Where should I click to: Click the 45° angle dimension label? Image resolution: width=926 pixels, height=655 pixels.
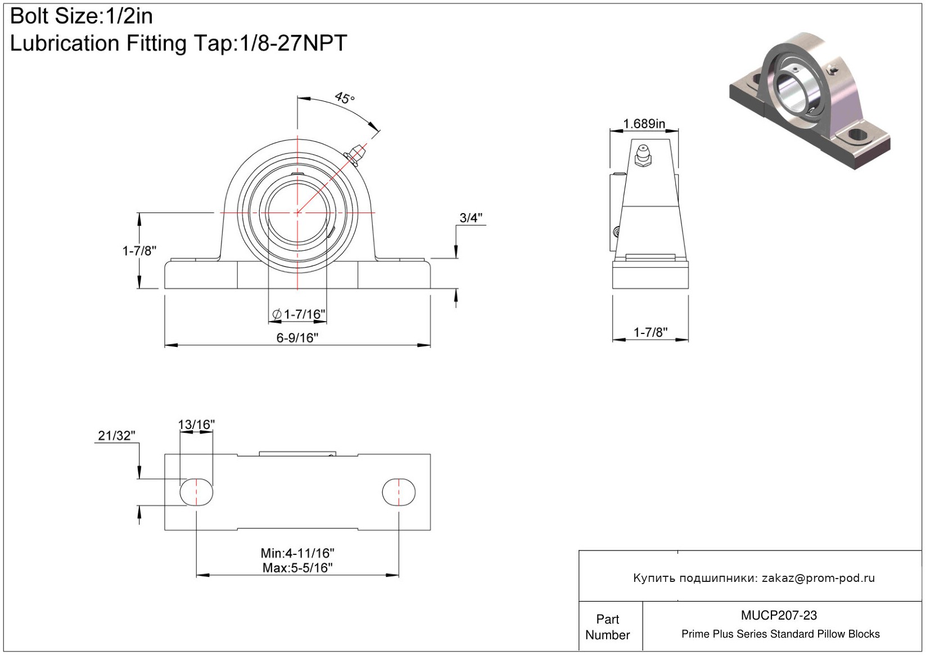344,98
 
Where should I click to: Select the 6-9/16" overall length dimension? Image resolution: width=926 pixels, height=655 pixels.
297,338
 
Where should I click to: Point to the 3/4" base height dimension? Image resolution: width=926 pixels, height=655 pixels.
471,218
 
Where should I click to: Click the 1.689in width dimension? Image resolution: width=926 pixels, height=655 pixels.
644,124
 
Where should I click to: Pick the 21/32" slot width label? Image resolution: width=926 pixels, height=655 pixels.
116,435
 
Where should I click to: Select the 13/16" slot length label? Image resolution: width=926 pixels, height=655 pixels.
196,424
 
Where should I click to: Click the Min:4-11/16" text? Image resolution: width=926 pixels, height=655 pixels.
297,553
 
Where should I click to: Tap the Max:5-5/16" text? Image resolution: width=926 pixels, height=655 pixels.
297,568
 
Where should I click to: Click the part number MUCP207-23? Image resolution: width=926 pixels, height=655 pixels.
779,615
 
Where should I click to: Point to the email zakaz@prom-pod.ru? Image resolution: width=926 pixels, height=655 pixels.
819,577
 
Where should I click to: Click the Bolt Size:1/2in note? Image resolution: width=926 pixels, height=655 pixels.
82,16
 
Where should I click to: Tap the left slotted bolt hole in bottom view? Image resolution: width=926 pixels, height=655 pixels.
196,492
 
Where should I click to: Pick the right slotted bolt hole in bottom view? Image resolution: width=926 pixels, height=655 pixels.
399,492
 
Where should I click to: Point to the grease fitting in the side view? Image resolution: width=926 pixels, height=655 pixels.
643,156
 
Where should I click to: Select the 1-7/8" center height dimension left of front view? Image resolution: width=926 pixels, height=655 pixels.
139,251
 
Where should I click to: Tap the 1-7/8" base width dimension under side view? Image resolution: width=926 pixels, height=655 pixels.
651,332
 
